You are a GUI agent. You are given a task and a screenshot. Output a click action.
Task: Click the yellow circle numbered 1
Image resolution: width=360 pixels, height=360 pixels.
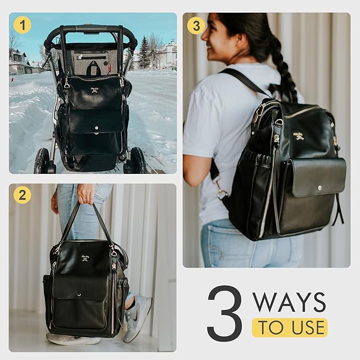(x=22, y=25)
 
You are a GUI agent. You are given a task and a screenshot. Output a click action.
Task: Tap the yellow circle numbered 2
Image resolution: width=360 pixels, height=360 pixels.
(x=22, y=195)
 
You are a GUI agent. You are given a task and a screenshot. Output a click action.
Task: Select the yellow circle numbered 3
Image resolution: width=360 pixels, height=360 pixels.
(x=196, y=25)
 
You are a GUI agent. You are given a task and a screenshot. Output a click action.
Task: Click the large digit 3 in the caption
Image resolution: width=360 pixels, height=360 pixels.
(x=224, y=313)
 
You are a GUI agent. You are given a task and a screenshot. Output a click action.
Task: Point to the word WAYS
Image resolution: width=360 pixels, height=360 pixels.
(x=289, y=302)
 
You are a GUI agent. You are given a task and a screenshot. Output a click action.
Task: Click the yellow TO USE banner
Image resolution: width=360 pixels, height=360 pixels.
(x=289, y=328)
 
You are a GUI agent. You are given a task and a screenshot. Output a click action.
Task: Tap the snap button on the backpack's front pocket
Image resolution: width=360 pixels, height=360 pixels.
(x=319, y=188)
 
